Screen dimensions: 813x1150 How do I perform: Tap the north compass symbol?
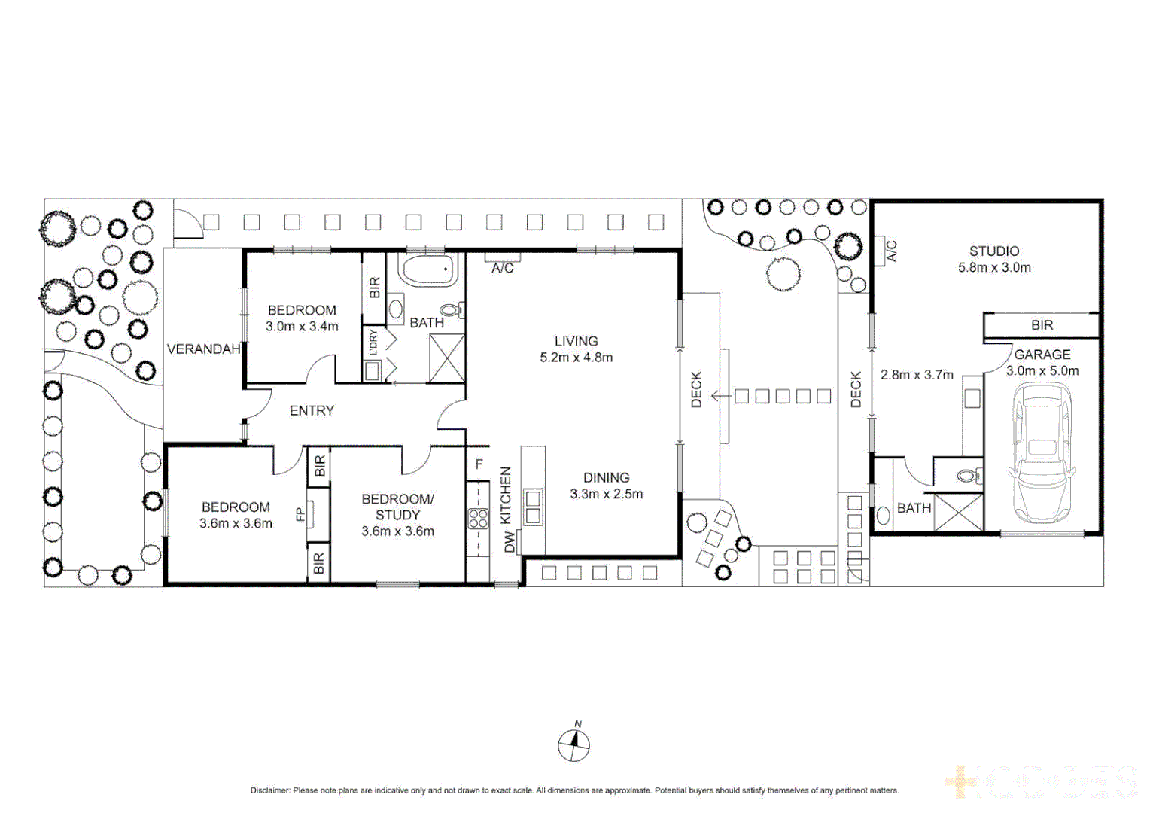[x=573, y=745]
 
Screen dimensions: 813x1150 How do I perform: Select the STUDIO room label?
[x=994, y=251]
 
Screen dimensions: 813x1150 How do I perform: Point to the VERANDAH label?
[x=203, y=349]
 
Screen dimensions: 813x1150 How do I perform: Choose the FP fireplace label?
[x=300, y=514]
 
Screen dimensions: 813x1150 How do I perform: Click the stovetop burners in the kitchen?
[x=478, y=518]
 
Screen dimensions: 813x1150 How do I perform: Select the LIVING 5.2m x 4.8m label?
[x=576, y=349]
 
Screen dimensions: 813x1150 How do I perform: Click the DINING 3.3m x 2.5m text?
[x=606, y=486]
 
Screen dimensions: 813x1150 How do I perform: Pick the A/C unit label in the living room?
[x=502, y=268]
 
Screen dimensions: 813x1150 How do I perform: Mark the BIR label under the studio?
[x=1042, y=325]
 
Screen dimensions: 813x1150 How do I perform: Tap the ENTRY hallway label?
[x=312, y=411]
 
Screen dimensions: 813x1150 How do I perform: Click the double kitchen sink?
[x=533, y=507]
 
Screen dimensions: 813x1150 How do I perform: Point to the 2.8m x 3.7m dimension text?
[x=917, y=375]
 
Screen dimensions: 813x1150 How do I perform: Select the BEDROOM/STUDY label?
[x=397, y=507]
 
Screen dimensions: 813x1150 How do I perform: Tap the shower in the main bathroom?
[x=446, y=358]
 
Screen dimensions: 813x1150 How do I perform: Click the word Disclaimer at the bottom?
[x=269, y=790]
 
